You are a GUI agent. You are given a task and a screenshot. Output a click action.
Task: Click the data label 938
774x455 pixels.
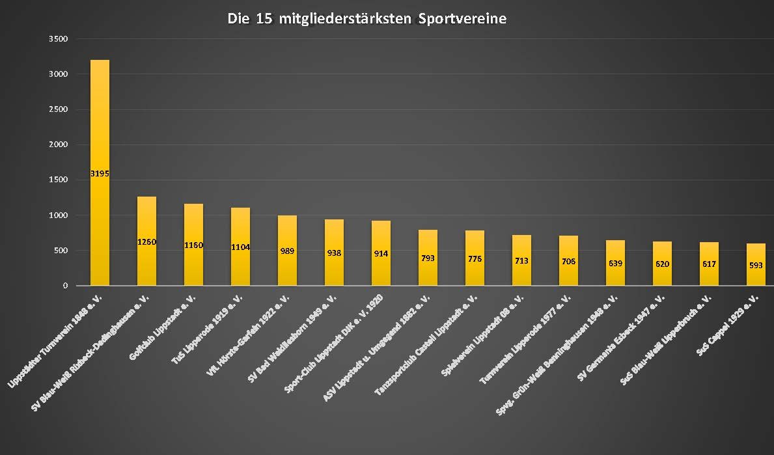coord(334,254)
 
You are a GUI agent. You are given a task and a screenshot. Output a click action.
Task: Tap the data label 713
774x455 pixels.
coord(521,261)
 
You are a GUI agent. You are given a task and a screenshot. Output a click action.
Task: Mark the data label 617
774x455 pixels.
coord(709,264)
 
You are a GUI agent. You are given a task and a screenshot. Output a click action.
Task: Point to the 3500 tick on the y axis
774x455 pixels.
coord(59,39)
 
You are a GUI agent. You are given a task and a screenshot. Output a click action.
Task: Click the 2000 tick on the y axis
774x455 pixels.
coord(59,145)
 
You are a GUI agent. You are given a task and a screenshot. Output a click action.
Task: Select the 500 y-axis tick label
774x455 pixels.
coord(61,251)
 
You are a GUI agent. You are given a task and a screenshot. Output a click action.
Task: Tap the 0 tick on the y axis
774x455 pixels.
coord(65,286)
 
